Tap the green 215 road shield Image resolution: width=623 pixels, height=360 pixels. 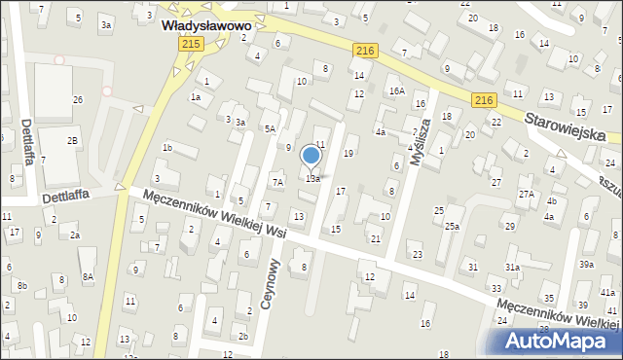tap(191, 45)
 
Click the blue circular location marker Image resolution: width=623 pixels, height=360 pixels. tap(311, 155)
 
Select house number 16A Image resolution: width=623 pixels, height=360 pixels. tap(396, 90)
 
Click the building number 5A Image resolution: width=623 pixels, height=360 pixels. tap(270, 128)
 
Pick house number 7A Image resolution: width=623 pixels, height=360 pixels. tap(277, 182)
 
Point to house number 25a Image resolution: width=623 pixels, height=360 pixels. tap(452, 227)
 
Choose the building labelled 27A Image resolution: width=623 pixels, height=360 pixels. tap(527, 195)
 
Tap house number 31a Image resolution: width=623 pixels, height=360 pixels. tap(512, 267)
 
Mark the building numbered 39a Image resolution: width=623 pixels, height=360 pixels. tap(586, 264)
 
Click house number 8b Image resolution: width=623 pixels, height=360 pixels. tap(21, 285)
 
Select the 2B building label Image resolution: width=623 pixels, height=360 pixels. tap(72, 141)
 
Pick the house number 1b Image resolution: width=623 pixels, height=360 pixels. tap(166, 148)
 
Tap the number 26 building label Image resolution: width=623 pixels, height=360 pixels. tap(78, 100)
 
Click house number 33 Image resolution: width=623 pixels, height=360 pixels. tap(496, 288)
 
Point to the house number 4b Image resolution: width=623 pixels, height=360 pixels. tap(551, 201)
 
